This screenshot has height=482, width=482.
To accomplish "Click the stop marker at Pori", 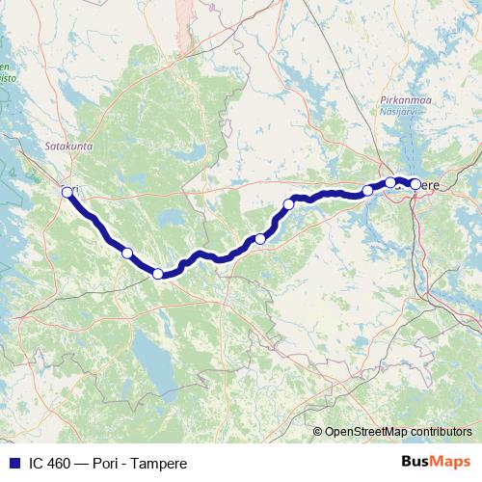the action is coord(67,192).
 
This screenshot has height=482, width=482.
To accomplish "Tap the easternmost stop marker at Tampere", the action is coord(415,183).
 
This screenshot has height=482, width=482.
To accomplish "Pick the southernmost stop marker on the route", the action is coord(158,274).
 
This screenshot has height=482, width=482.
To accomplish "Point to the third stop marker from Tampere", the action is coord(367,190).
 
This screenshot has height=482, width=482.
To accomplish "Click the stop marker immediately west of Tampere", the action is coord(390,182).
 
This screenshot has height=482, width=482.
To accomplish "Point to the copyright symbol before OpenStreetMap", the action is coord(318,431).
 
